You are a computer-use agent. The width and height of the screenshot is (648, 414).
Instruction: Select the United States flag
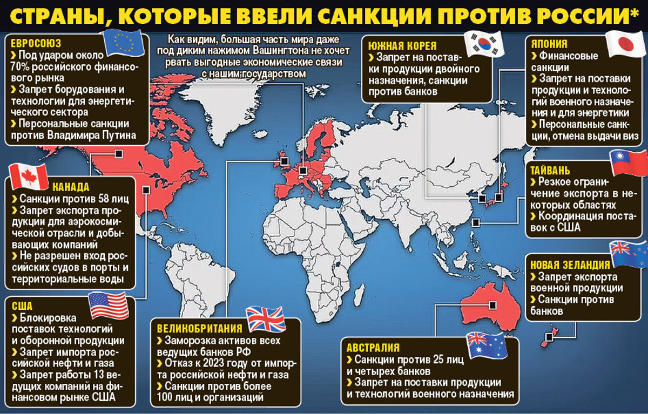[x=109, y=305]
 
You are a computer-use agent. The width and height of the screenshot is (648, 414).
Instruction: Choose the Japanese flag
[x=625, y=44]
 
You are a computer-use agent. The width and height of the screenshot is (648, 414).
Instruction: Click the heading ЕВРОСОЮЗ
[x=36, y=43]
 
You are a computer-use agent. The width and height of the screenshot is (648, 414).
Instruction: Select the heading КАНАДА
[x=71, y=187]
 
